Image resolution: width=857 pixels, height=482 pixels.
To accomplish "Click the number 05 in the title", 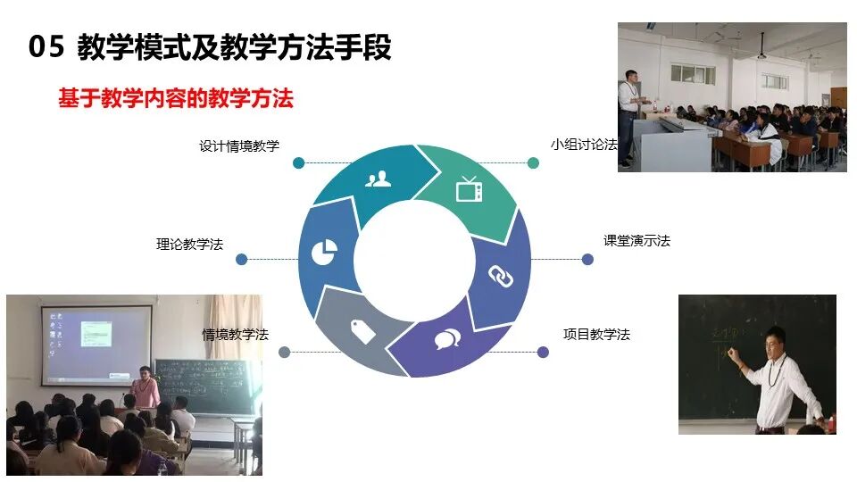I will pos(46,47).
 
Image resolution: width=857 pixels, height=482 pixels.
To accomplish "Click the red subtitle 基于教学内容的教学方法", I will pos(176,98).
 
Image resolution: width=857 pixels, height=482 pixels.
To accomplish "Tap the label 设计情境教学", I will pos(239,146).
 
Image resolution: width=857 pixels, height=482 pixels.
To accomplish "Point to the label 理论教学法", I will pos(189,244).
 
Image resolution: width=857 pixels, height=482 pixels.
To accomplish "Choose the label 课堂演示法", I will pos(637,241).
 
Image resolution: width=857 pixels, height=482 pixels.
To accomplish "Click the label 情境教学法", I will pos(235,335).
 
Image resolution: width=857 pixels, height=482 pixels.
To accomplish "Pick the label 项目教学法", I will pos(596,334).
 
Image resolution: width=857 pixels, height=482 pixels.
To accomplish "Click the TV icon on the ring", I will pos(469,189).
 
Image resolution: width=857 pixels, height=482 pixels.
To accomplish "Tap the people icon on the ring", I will pos(378,179).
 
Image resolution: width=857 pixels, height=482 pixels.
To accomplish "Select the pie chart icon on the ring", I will pos(323,253).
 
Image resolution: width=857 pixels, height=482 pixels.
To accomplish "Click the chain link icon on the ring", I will pos(501,277).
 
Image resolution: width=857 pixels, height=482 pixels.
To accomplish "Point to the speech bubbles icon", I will pos(447,339).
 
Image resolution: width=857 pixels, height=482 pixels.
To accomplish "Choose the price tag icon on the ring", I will pos(362,330).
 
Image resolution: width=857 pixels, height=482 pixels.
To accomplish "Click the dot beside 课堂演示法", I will pos(587,260).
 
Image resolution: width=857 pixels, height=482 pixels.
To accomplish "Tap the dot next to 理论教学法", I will pos(241,260).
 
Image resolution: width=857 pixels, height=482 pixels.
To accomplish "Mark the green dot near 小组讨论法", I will pos(533,162).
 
